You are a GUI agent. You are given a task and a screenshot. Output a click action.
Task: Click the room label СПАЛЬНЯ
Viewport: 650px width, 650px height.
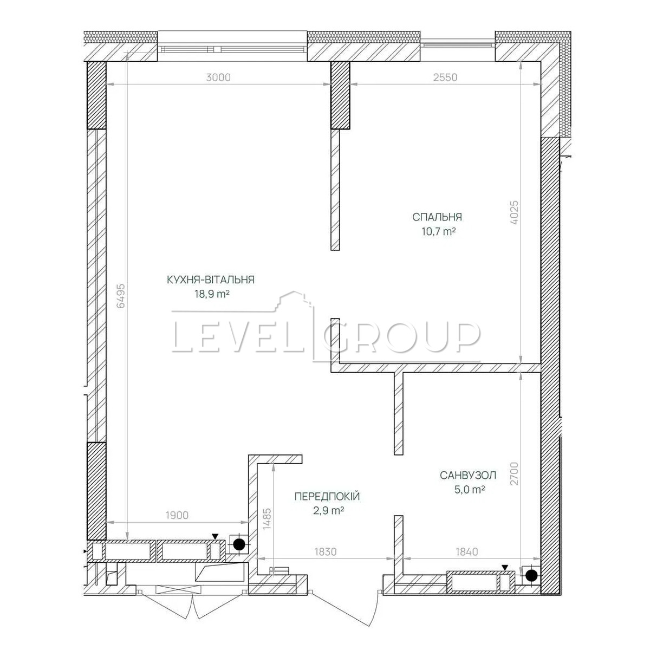pos(437,217)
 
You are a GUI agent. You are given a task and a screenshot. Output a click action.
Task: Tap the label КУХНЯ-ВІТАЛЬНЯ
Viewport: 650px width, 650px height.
pos(211,279)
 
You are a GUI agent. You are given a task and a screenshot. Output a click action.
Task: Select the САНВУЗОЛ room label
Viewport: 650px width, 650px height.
pos(468,475)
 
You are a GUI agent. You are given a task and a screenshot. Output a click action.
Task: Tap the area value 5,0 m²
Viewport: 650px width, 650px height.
pos(470,490)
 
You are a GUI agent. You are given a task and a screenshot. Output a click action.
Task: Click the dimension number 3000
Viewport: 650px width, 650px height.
pos(218,77)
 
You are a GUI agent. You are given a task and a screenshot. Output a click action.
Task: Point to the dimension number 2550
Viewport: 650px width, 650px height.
pos(445,77)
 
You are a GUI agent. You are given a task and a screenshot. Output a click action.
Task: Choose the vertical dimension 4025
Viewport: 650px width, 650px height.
pos(514,213)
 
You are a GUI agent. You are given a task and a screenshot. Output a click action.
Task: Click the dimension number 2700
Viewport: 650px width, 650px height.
pos(514,473)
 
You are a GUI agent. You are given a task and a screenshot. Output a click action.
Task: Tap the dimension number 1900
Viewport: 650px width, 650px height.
pos(177,515)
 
